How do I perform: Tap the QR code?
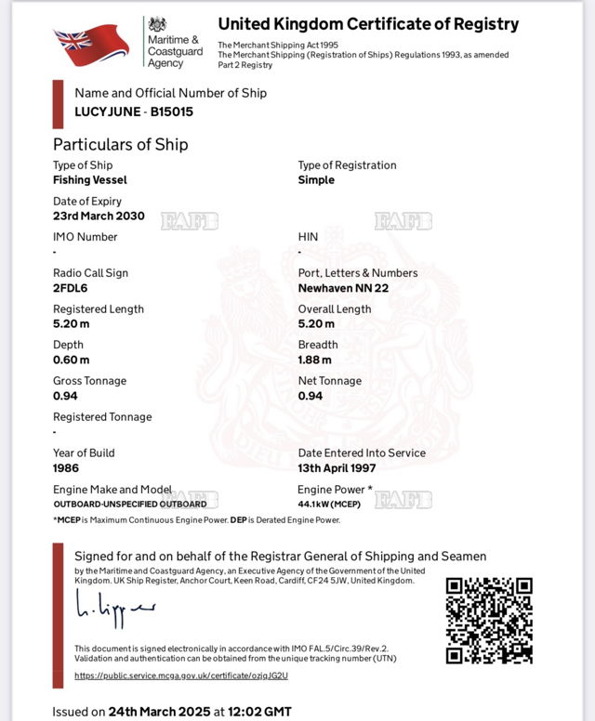(x=489, y=621)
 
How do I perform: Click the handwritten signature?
(x=114, y=608)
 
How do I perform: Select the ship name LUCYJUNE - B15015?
(x=134, y=112)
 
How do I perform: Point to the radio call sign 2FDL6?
(x=70, y=288)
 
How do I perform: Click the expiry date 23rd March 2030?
(x=99, y=216)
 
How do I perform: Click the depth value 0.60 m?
(x=72, y=360)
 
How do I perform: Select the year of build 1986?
(x=67, y=468)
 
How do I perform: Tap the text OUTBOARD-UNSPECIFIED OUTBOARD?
(x=130, y=504)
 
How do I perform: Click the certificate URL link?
(x=181, y=675)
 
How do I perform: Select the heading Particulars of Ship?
(x=120, y=144)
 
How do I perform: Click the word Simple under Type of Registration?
(x=316, y=180)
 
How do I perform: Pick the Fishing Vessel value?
(x=90, y=180)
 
